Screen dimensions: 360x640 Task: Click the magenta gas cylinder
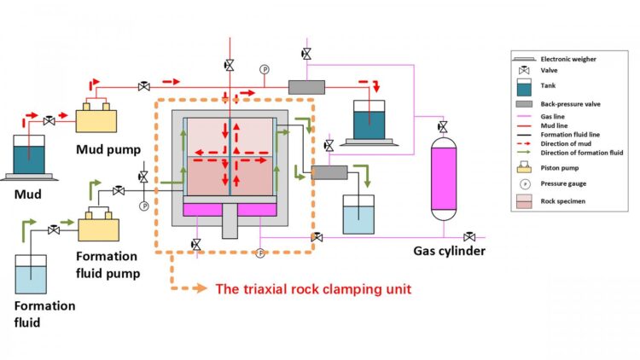[x=444, y=180]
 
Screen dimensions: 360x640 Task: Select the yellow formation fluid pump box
[x=102, y=227]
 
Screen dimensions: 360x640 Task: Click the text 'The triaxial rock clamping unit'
[x=313, y=288]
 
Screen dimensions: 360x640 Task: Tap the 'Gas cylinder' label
[x=450, y=251]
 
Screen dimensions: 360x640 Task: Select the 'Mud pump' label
[x=106, y=149]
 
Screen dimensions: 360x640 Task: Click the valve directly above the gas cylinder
[x=443, y=127]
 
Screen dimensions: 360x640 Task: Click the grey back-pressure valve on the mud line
[x=307, y=87]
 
